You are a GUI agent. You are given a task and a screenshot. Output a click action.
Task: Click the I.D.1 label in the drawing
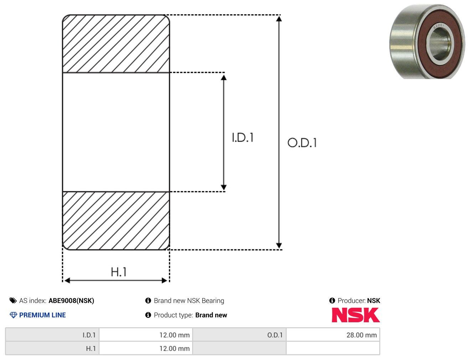(242, 137)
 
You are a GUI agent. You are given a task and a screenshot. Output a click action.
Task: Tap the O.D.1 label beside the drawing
(302, 143)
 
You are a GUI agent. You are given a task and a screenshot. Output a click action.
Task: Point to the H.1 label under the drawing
(118, 272)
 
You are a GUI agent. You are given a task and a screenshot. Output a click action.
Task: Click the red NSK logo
(355, 315)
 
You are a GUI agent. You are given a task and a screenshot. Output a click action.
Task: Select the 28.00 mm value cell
(333, 335)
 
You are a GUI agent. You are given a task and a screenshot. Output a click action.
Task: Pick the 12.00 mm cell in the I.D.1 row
(146, 335)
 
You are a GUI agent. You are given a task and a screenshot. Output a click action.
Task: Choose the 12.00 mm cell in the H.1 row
(146, 348)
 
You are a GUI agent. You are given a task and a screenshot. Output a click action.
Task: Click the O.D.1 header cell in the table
(239, 335)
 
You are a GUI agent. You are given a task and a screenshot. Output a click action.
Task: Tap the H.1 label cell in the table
(52, 348)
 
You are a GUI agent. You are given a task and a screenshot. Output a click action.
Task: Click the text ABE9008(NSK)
(71, 301)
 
